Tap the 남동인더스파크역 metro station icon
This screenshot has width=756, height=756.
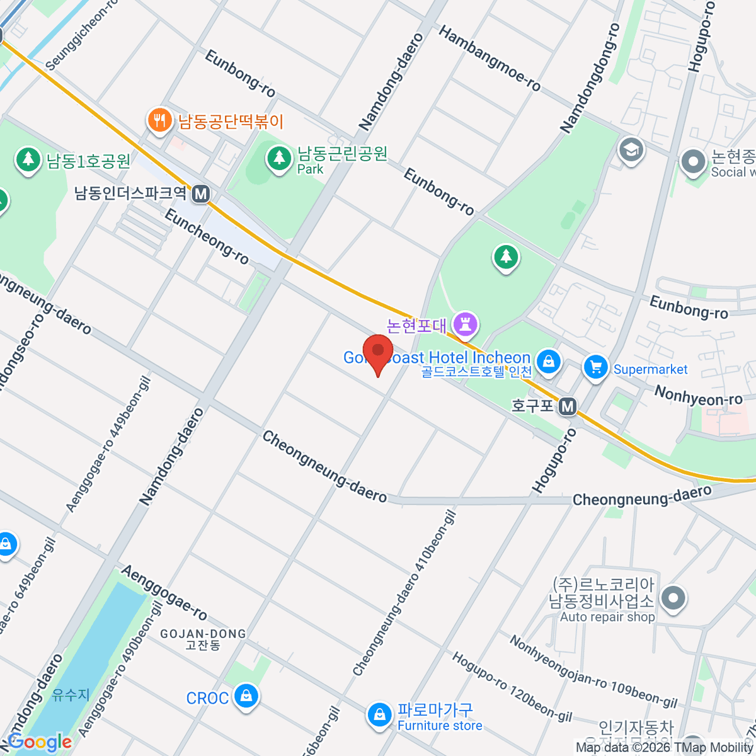[201, 193]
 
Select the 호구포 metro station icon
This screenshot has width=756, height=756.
[568, 406]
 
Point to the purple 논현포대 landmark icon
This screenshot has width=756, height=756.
[467, 325]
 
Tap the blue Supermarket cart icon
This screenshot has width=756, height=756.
[595, 367]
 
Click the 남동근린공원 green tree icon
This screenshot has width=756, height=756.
[278, 157]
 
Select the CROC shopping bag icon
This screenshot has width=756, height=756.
[245, 697]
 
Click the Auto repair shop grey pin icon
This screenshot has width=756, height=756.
[673, 598]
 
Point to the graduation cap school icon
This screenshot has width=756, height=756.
[631, 150]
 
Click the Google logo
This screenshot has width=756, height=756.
[39, 742]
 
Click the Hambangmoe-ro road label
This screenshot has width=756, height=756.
[490, 59]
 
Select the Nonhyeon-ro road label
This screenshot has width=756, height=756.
[698, 396]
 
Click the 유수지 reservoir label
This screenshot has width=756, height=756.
[71, 695]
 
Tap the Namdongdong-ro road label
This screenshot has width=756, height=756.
[590, 78]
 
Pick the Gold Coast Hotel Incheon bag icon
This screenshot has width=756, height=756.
[549, 362]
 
